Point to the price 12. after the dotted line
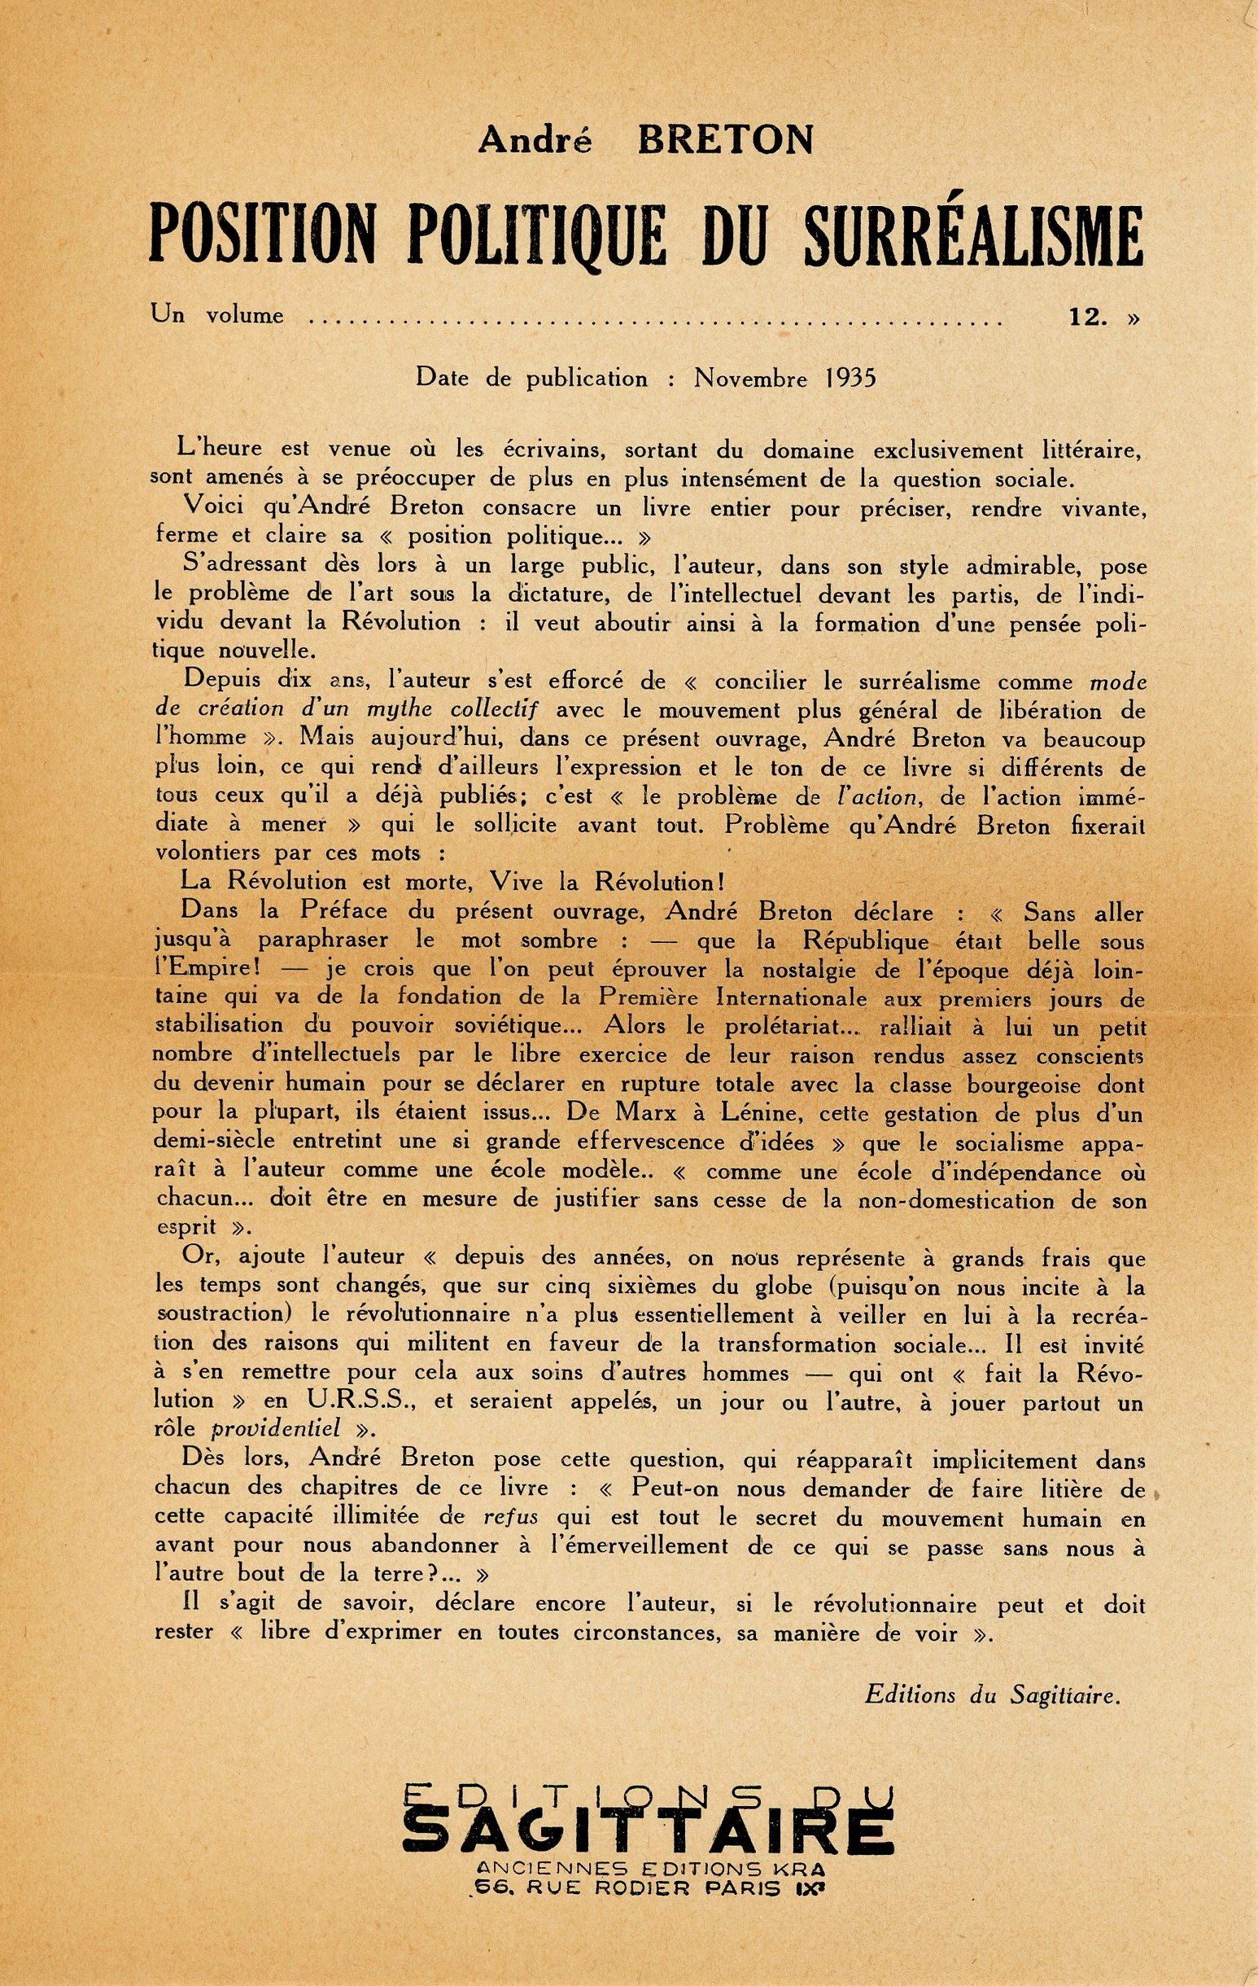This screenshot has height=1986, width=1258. pyautogui.click(x=1087, y=317)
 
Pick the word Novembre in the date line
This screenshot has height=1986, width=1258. pyautogui.click(x=751, y=379)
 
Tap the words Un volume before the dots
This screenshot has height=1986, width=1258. pyautogui.click(x=216, y=316)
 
